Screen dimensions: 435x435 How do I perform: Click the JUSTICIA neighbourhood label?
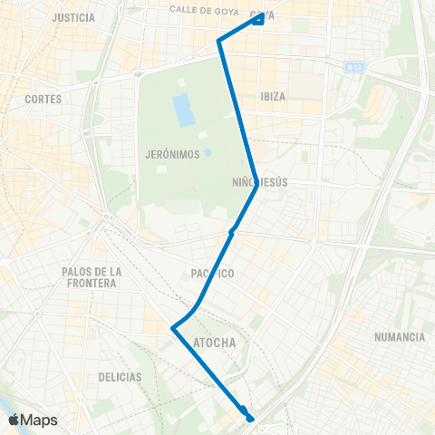point(74,17)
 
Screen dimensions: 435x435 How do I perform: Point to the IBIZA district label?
point(273,96)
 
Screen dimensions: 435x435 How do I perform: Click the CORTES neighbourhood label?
point(43,99)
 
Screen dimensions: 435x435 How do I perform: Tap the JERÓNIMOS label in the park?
point(171,154)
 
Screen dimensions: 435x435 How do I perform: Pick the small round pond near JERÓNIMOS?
point(208,153)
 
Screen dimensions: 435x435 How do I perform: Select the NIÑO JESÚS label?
point(260,182)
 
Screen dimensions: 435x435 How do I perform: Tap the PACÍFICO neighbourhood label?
point(214,274)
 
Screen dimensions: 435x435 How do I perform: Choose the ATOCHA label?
point(215,343)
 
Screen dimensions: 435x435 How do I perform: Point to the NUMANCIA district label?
point(399,337)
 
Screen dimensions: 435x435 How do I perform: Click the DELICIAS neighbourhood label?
point(121,376)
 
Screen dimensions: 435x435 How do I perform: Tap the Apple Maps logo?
point(32,420)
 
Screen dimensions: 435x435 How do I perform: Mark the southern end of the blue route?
point(250,419)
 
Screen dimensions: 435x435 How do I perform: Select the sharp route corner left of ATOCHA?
point(172,328)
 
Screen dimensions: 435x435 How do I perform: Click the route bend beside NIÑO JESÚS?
point(256,186)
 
